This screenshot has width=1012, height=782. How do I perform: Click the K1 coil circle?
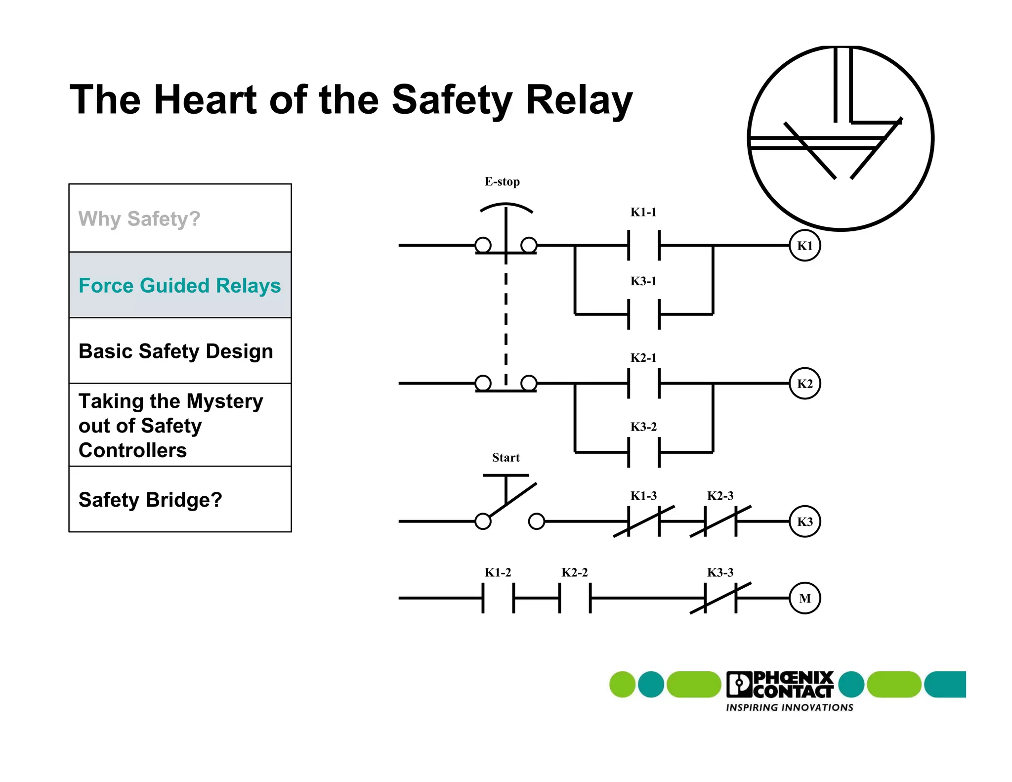(804, 246)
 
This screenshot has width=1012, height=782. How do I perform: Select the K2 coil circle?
(804, 384)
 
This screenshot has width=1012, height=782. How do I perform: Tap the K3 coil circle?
(804, 521)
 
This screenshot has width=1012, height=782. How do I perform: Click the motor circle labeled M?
(804, 598)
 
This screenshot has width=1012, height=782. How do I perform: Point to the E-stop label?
(502, 181)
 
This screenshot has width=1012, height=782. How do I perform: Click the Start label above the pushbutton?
(506, 457)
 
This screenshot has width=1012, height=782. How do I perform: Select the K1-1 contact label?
(643, 212)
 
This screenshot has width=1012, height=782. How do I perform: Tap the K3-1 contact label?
(643, 281)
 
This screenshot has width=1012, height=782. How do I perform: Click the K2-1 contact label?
(643, 357)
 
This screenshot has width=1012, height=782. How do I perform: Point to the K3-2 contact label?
(643, 427)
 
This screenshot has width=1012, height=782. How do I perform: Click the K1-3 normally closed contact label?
(643, 495)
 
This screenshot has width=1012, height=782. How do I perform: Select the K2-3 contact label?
(720, 495)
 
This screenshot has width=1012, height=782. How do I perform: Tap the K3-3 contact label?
(720, 572)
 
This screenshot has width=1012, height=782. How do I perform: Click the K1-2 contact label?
(498, 572)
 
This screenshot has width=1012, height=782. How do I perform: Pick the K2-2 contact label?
(574, 572)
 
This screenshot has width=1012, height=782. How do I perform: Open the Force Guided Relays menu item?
(180, 285)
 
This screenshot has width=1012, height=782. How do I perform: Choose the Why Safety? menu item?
(139, 218)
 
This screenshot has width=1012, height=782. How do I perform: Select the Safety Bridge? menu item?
(150, 499)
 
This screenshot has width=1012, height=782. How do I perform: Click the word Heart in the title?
(206, 100)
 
